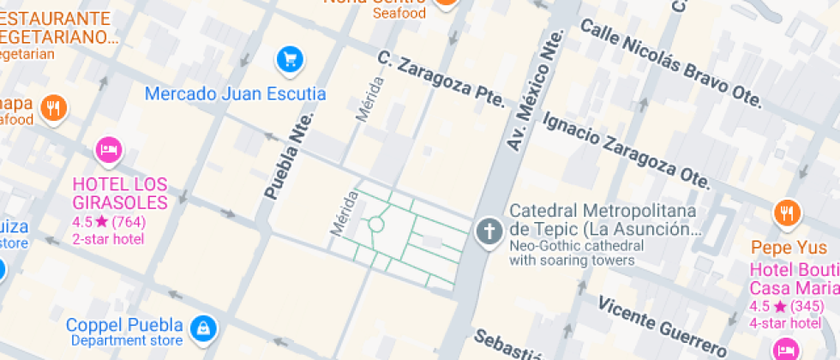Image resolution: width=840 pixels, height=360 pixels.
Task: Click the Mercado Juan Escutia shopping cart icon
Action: pyautogui.click(x=291, y=59)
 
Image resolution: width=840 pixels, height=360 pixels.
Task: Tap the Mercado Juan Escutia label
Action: pyautogui.click(x=235, y=93)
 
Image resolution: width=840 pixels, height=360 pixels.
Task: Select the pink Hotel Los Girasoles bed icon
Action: pyautogui.click(x=108, y=150)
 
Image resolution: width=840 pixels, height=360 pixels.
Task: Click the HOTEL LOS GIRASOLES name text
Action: pyautogui.click(x=120, y=194)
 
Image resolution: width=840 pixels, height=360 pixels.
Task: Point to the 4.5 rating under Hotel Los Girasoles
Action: pyautogui.click(x=82, y=222)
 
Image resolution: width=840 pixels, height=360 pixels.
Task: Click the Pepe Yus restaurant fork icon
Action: pyautogui.click(x=786, y=212)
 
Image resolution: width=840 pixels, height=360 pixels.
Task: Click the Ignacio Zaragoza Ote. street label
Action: pyautogui.click(x=627, y=149)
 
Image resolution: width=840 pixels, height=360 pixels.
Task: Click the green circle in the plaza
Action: pyautogui.click(x=375, y=225)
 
